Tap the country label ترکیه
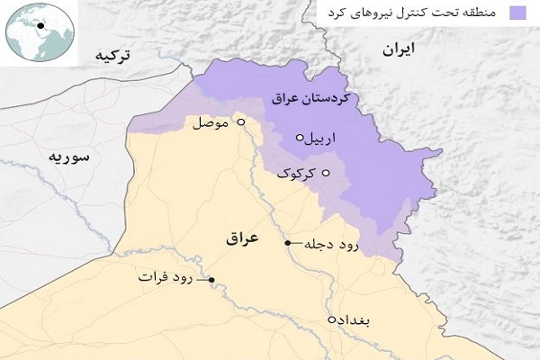coord(112,56)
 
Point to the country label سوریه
coord(69,158)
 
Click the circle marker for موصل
coord(240,121)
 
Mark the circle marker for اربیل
coord(300,139)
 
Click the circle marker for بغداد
coord(332,319)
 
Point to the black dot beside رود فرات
coord(211,280)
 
